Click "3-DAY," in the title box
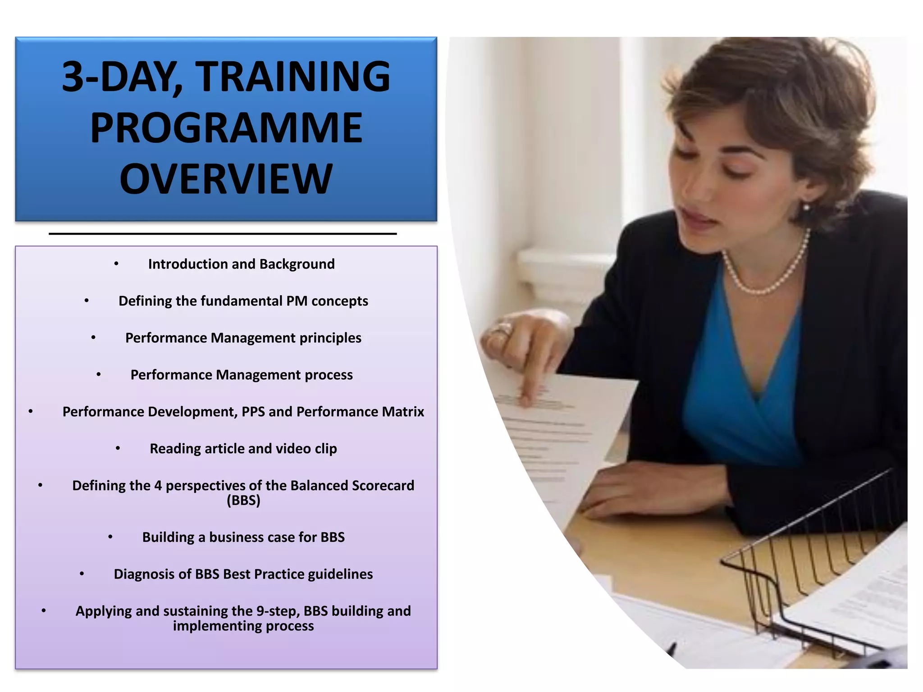pyautogui.click(x=122, y=77)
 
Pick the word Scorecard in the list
pyautogui.click(x=383, y=486)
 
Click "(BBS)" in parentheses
pyautogui.click(x=243, y=501)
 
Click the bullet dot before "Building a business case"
pyautogui.click(x=110, y=537)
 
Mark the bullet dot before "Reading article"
pyautogui.click(x=118, y=448)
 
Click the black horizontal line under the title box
pyautogui.click(x=223, y=234)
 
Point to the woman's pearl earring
pyautogui.click(x=806, y=207)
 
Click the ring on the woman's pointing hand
pyautogui.click(x=500, y=330)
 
